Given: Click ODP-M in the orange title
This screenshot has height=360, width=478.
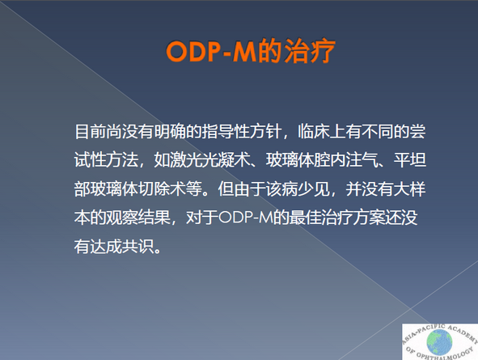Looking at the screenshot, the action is [x=211, y=51].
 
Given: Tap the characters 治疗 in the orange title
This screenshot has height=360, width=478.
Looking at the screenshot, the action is [x=310, y=51].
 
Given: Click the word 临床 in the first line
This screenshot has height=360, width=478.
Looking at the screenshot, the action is [x=313, y=131].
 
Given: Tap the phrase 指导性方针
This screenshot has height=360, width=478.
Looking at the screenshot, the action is [x=241, y=131].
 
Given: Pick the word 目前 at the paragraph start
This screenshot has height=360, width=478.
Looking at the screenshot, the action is [x=90, y=131].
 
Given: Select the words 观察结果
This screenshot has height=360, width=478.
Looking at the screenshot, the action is [x=137, y=218].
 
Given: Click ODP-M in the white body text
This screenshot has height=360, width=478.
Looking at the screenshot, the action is [x=245, y=218].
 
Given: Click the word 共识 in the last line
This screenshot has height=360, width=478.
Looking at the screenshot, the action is [x=137, y=246].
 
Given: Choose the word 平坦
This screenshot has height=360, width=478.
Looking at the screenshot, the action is [x=410, y=159].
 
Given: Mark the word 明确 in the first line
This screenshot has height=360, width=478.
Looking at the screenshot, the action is [x=170, y=131].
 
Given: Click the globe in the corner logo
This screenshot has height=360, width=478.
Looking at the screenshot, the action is [x=439, y=342].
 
